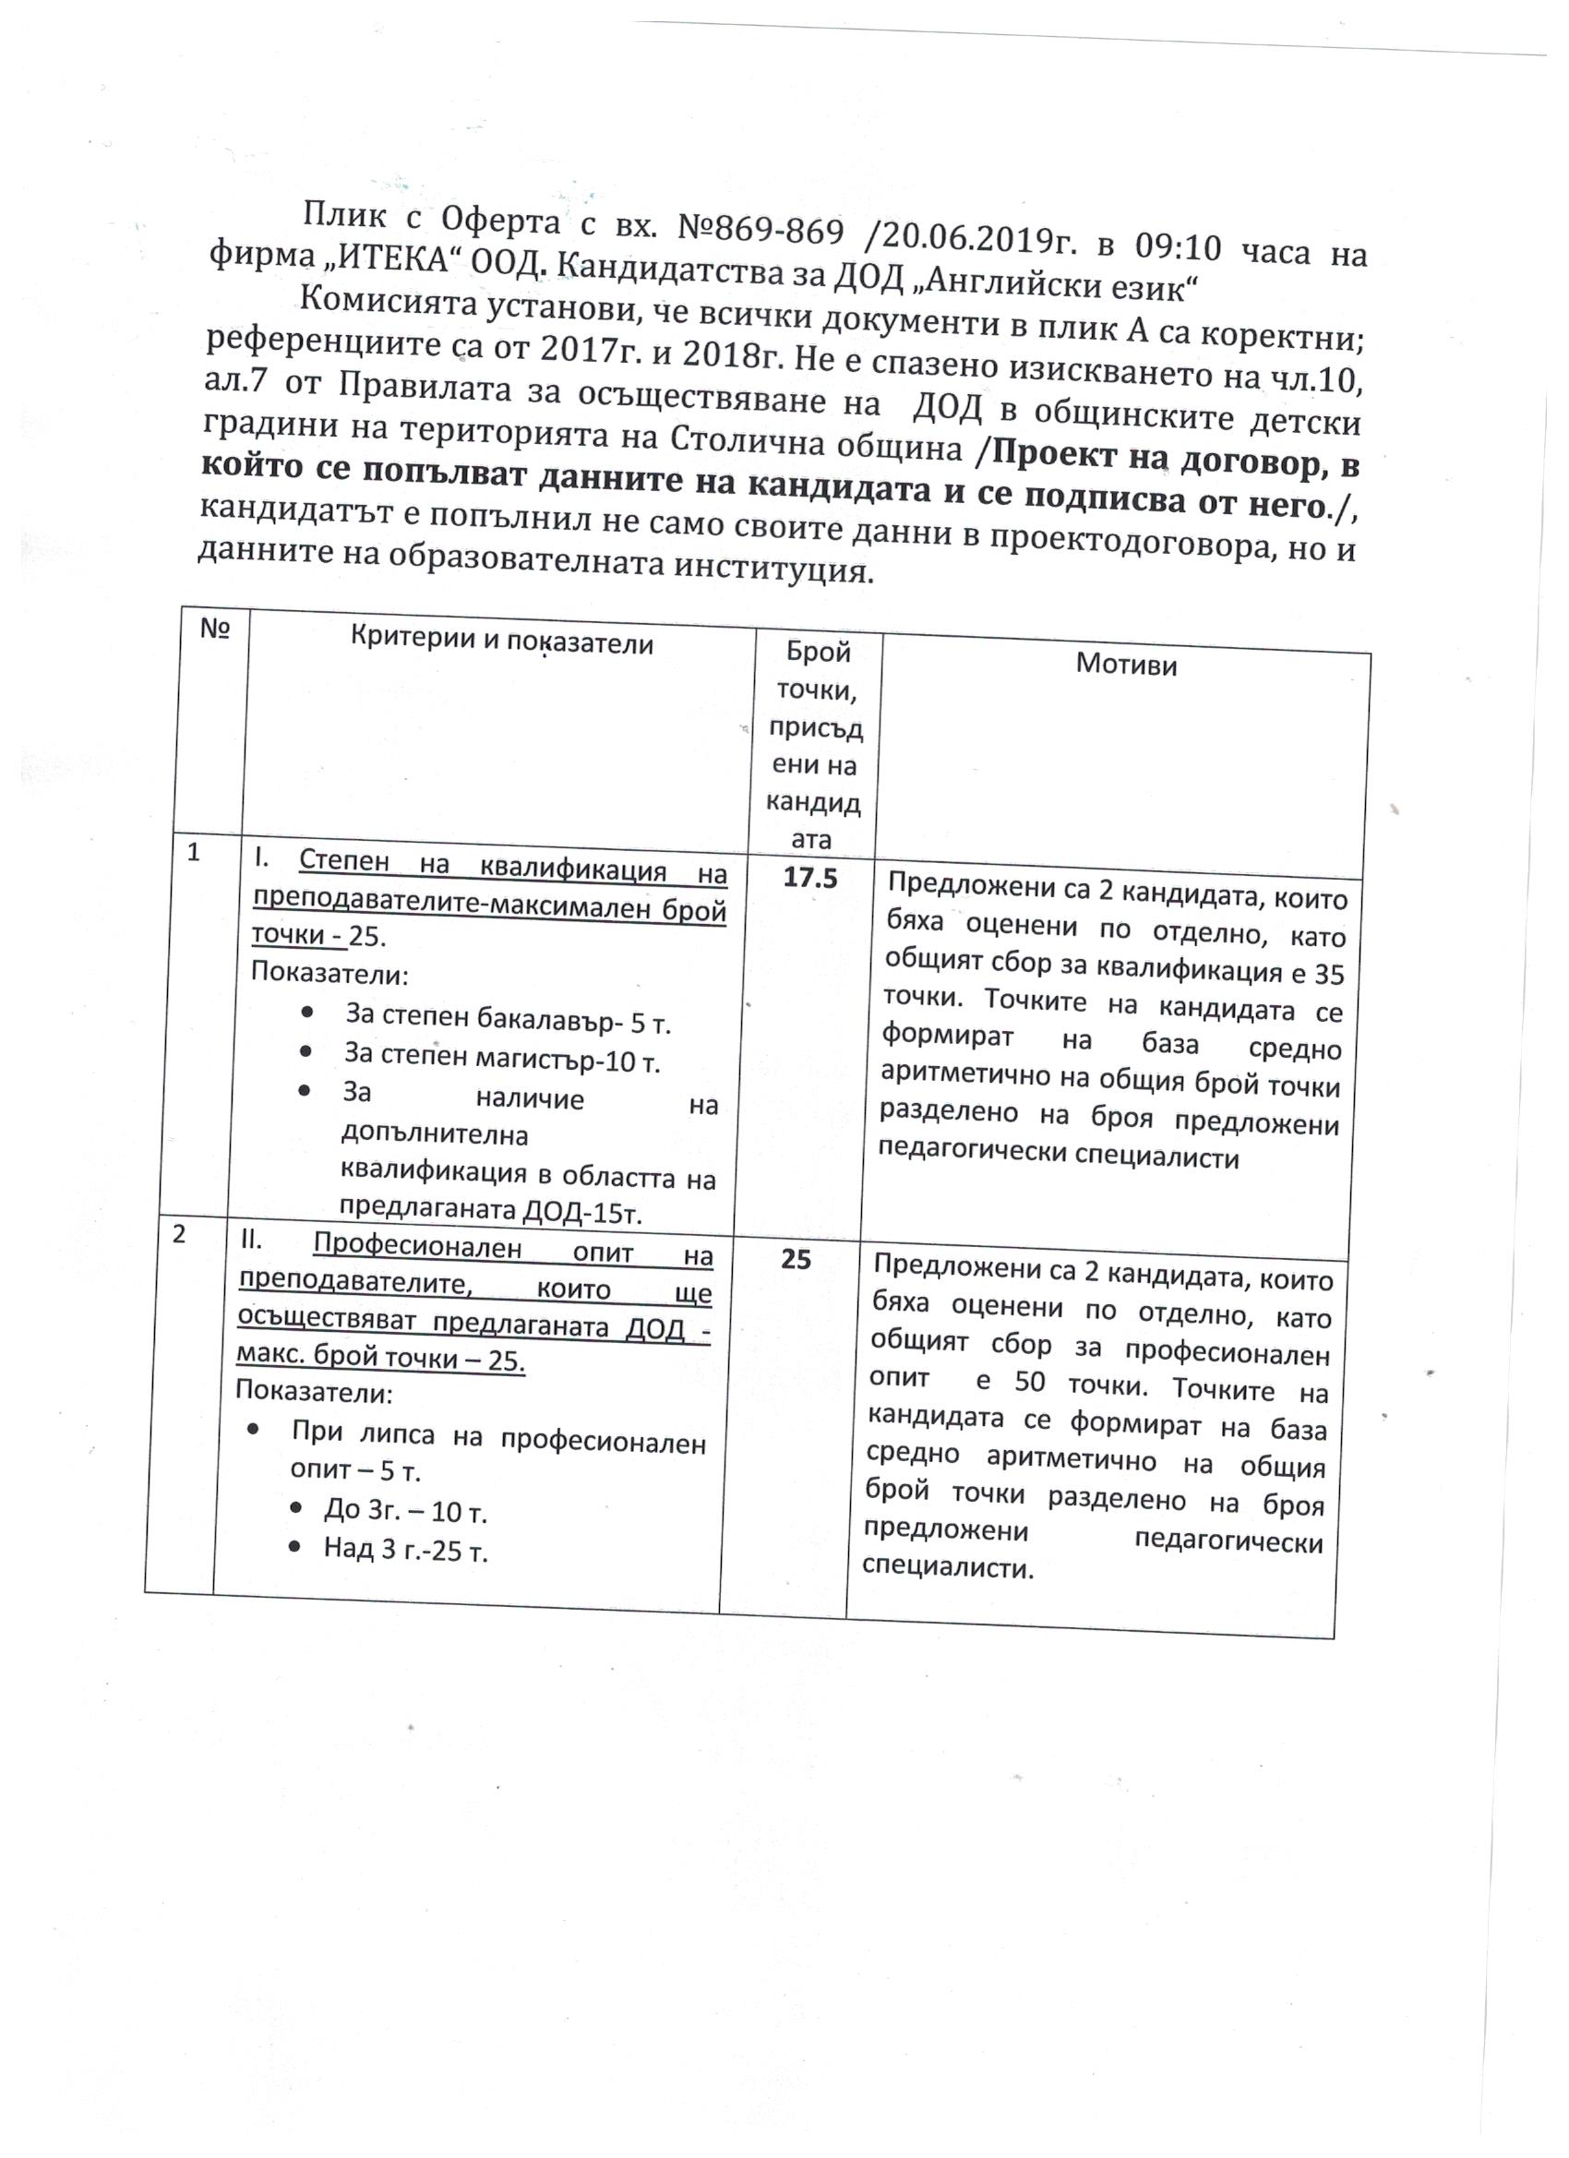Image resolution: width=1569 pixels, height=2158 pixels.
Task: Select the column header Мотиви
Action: (x=1126, y=665)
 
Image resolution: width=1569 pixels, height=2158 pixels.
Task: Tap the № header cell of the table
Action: (x=216, y=629)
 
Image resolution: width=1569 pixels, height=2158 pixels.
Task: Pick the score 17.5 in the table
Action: (x=809, y=878)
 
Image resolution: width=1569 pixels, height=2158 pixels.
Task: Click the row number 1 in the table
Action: (x=193, y=853)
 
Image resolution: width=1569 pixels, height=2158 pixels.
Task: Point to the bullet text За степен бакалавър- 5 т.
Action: (x=509, y=1019)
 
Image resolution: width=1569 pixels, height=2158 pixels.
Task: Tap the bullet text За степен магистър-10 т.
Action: (x=501, y=1058)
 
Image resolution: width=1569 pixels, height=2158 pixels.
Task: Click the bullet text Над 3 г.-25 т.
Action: (x=405, y=1550)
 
